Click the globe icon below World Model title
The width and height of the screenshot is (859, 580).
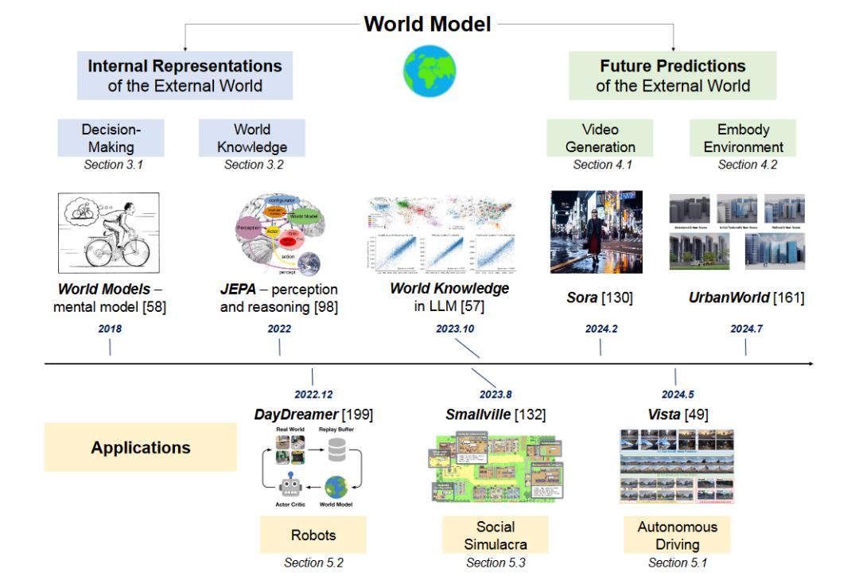coord(430,71)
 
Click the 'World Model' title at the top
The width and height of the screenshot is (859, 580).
coord(427,24)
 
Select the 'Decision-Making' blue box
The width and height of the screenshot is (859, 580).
coord(111,138)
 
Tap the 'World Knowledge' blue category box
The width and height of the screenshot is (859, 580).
coord(251,138)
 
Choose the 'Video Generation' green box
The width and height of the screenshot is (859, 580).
coord(599,138)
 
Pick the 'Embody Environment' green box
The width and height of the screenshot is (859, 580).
coord(743,138)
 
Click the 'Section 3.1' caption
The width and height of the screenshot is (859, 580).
coord(111,165)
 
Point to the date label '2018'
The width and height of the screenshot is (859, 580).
coord(110,329)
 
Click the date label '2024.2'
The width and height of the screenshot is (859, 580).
coord(600,329)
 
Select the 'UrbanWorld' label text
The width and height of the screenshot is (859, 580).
coord(728,298)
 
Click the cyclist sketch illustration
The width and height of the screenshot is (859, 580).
coord(110,233)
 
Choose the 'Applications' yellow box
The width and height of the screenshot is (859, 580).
coord(141,447)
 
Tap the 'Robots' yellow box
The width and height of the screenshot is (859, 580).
coord(313,535)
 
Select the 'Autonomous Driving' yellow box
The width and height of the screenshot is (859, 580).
coord(677,535)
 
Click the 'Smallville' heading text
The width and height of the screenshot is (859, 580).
coord(478,415)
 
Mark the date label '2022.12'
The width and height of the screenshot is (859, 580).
coord(313,394)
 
